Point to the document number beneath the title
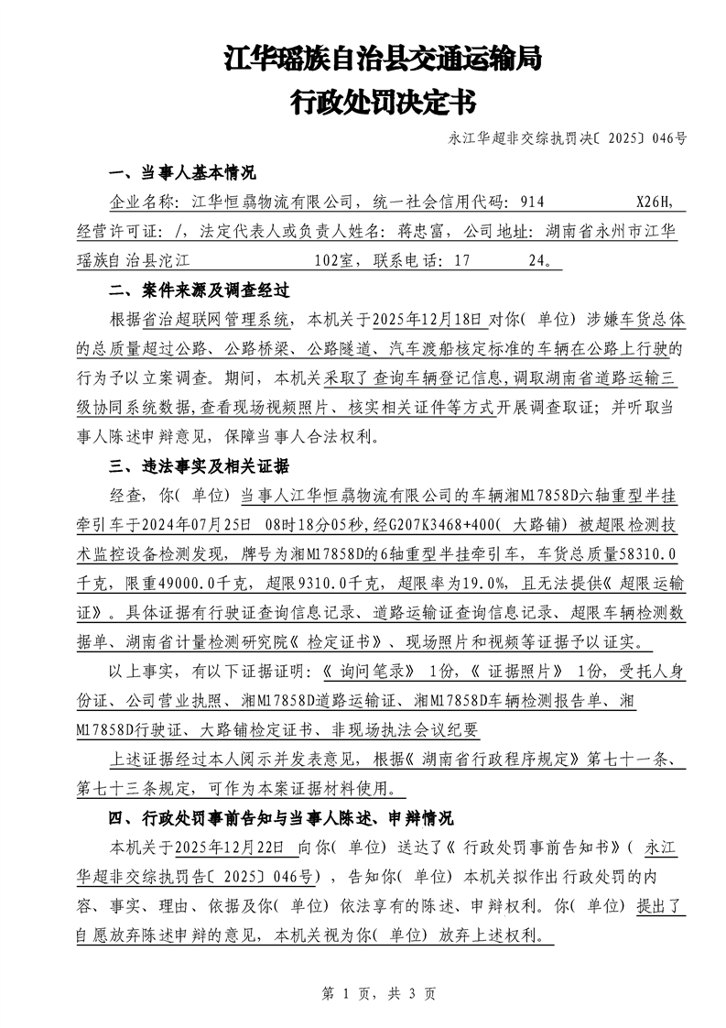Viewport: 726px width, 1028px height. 568,139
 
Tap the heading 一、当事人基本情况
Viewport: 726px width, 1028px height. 182,173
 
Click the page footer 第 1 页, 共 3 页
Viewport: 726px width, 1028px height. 363,992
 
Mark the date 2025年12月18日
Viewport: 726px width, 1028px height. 425,320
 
